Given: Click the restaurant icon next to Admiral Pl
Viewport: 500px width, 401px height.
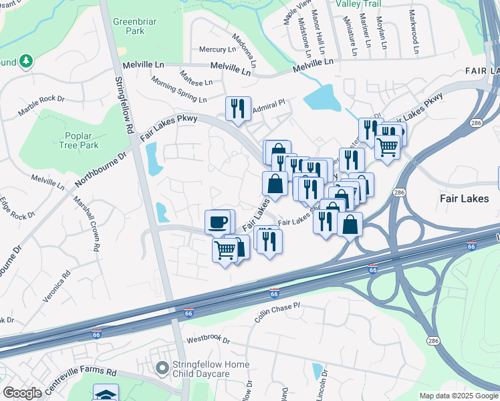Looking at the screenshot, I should click(237, 109).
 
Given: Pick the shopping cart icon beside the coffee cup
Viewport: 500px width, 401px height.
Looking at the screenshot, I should click(225, 251).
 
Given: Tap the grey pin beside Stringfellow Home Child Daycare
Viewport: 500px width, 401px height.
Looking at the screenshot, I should click(161, 368).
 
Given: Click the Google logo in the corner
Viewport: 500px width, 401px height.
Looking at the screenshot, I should click(21, 393).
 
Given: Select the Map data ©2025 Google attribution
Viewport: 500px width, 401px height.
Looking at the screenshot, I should click(458, 396).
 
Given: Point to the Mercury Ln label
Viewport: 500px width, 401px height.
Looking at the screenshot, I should click(218, 49).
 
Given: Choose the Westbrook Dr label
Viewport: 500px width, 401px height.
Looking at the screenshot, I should click(208, 340).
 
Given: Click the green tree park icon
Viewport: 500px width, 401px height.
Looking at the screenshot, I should click(26, 61).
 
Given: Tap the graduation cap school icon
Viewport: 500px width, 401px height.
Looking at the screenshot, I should click(106, 393).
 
